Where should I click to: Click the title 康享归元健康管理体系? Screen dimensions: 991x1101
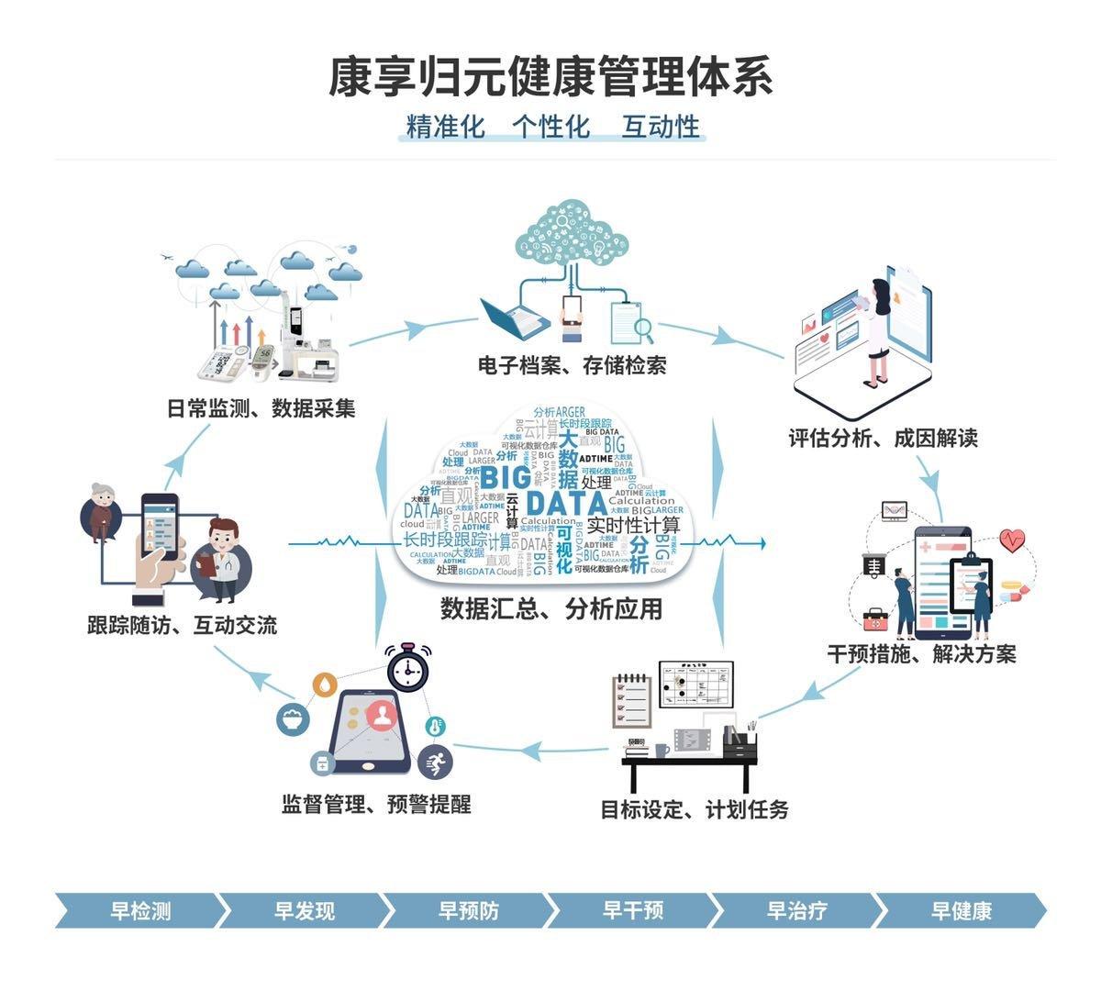click(x=550, y=77)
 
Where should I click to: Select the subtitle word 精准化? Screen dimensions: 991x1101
click(x=445, y=127)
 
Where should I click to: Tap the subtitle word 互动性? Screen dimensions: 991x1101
click(x=661, y=127)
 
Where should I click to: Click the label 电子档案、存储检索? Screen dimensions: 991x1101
click(x=572, y=365)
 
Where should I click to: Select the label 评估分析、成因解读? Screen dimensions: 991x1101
click(x=884, y=438)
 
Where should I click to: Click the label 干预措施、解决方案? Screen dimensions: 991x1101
click(x=921, y=654)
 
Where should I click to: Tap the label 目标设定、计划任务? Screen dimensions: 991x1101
click(x=695, y=809)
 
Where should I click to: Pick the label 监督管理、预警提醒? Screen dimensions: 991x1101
click(x=376, y=805)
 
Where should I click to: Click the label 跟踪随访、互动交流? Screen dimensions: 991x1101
click(x=182, y=626)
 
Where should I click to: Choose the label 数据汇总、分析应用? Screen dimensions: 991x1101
click(x=551, y=608)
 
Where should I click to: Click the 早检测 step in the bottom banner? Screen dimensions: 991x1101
click(x=140, y=910)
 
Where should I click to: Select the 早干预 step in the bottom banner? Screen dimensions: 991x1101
click(x=633, y=910)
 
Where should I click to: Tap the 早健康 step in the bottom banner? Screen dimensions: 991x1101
click(x=962, y=910)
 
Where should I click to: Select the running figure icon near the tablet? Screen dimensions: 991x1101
click(x=435, y=761)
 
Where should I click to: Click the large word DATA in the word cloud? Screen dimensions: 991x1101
click(x=566, y=504)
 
